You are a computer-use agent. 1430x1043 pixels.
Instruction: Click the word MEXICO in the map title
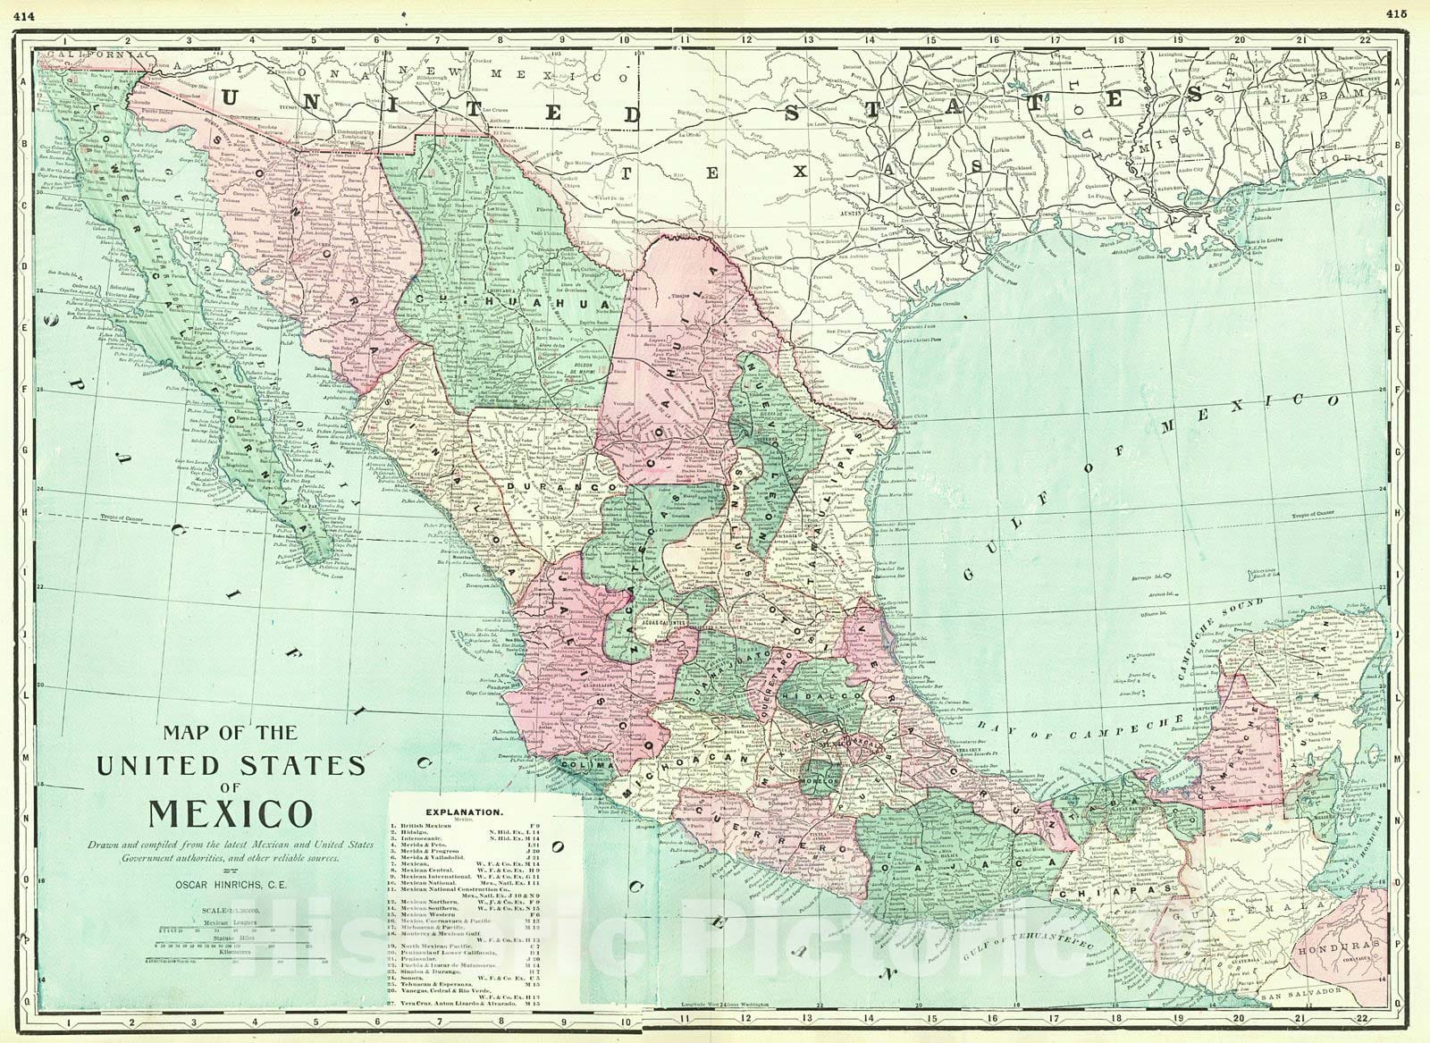pyautogui.click(x=230, y=813)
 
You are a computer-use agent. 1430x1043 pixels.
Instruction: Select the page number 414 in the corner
pyautogui.click(x=24, y=13)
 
